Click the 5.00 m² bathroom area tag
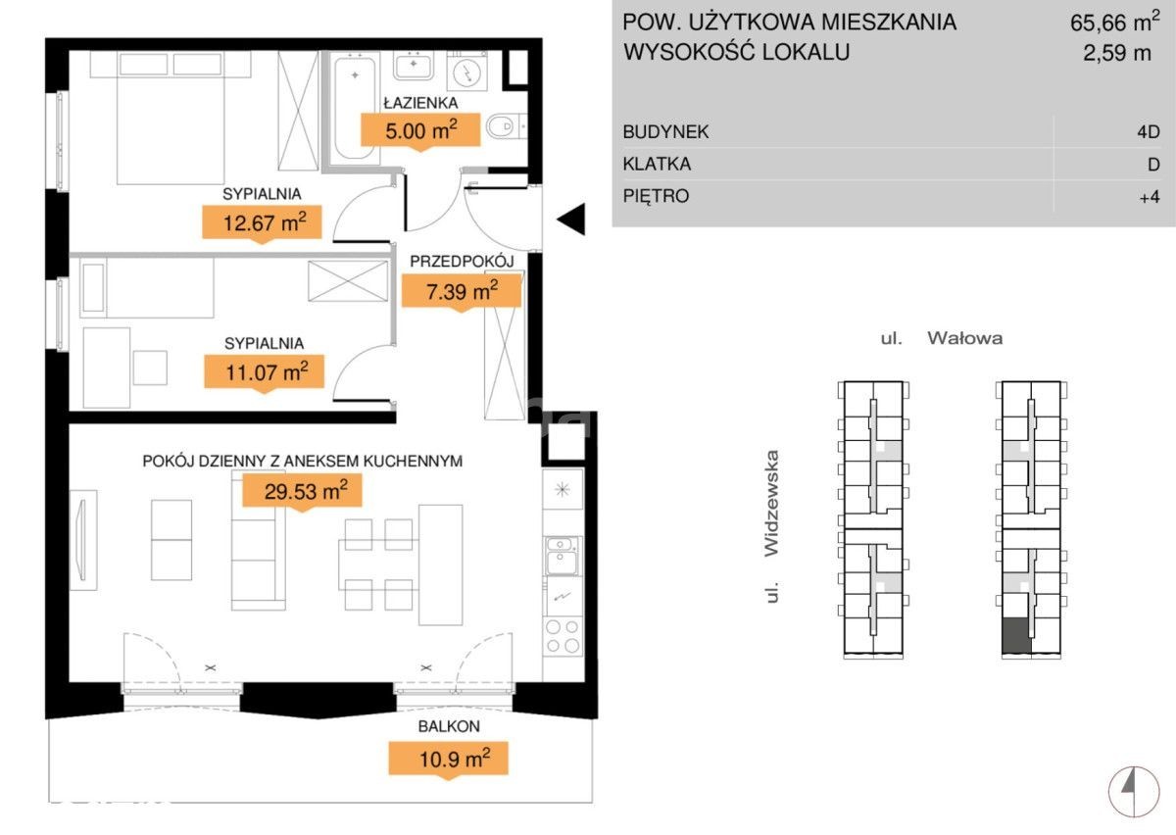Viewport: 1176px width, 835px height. (420, 129)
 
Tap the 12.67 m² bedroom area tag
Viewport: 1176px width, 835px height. (262, 222)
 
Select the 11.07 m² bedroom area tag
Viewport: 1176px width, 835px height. (264, 371)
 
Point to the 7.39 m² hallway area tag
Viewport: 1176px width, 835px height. (462, 291)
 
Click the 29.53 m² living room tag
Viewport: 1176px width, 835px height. (302, 490)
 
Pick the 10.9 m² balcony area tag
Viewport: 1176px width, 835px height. (449, 759)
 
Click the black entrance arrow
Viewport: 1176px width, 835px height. (570, 219)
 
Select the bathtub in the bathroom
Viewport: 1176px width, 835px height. (355, 107)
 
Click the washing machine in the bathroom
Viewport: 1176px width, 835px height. (467, 71)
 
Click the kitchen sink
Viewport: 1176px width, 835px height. (562, 556)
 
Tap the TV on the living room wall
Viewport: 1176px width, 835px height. (83, 540)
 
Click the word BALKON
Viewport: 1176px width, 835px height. (449, 726)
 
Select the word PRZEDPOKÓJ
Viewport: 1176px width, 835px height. (462, 261)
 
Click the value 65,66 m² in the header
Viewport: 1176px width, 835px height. (1114, 22)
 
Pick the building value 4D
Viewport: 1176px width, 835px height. (1149, 131)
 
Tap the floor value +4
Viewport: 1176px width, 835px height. (1150, 196)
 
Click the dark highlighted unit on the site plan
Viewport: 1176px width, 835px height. (1016, 636)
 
